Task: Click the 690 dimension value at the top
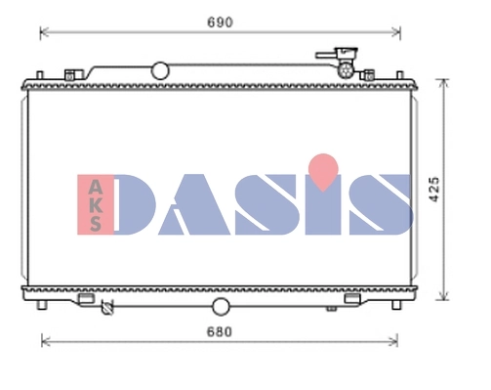219,21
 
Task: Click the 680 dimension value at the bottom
219,331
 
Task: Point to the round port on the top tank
159,70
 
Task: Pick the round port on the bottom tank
221,308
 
